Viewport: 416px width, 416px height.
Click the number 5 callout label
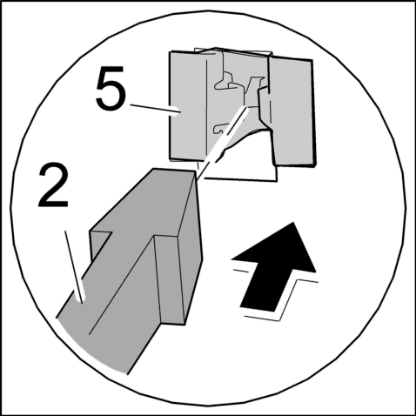tap(111, 88)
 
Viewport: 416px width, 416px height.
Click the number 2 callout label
tap(53, 185)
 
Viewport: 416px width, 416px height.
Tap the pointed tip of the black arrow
tap(293, 223)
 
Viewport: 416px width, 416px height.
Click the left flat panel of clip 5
tap(188, 106)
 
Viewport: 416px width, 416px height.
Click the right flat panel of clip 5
tap(293, 112)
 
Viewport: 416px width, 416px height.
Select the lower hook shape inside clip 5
tap(219, 129)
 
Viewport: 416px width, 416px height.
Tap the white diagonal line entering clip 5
tap(223, 142)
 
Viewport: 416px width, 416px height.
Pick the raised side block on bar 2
tap(171, 279)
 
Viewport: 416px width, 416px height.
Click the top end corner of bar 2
tap(194, 171)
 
